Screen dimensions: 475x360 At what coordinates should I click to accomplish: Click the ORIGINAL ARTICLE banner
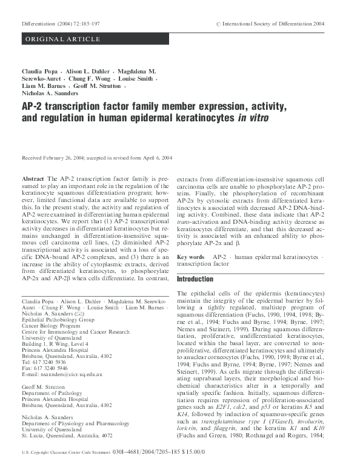click(54, 39)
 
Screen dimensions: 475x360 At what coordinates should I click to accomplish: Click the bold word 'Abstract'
click(32, 180)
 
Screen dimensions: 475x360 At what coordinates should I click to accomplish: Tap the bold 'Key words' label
click(190, 257)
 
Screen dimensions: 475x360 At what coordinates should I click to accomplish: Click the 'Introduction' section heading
click(196, 279)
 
